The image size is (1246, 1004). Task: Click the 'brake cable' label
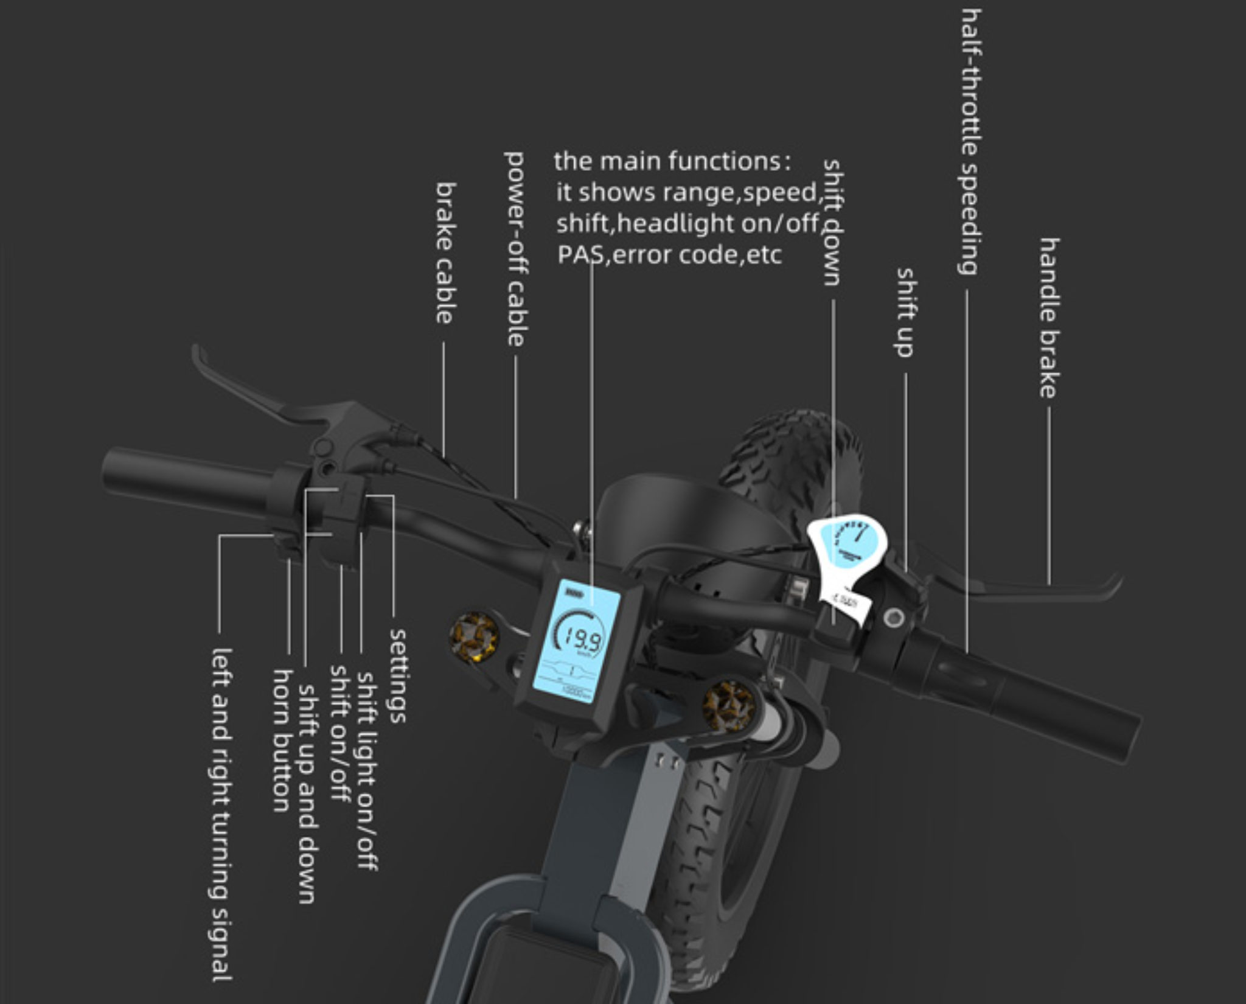[x=445, y=253]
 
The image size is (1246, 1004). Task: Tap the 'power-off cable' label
[x=515, y=249]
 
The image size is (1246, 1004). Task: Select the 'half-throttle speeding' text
[x=969, y=141]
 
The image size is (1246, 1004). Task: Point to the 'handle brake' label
[x=1049, y=318]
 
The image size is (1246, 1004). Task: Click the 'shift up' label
[x=905, y=312]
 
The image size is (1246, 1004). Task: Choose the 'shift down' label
[x=832, y=222]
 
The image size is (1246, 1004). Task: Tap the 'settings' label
[x=397, y=675]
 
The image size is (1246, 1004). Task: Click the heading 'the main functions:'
[x=672, y=161]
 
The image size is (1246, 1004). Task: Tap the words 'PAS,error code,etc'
[x=669, y=254]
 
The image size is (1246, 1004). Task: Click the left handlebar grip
[x=183, y=481]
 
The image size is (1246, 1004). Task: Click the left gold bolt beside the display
[x=474, y=636]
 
